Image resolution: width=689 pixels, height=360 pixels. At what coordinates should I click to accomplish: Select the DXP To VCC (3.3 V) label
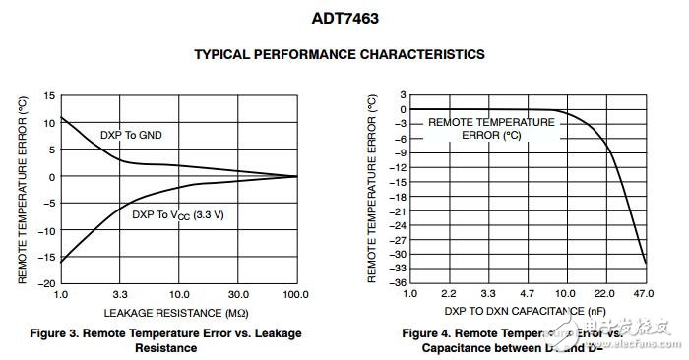[178, 213]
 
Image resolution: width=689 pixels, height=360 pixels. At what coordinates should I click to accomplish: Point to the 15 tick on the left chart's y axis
[48, 96]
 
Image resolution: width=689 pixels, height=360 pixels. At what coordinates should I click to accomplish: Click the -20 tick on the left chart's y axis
[45, 283]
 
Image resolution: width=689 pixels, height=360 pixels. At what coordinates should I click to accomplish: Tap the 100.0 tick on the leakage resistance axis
[295, 295]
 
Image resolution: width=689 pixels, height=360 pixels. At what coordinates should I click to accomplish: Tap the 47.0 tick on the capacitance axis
[646, 295]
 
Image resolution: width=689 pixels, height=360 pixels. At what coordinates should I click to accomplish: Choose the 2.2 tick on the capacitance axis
[449, 295]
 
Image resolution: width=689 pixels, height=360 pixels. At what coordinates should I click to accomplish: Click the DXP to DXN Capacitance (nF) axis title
[526, 311]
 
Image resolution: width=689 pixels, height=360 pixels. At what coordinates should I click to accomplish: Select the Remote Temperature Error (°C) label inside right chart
[490, 129]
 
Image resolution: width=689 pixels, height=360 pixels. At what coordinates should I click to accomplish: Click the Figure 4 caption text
[512, 340]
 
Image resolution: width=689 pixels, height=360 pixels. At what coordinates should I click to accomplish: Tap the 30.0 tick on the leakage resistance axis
[237, 295]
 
